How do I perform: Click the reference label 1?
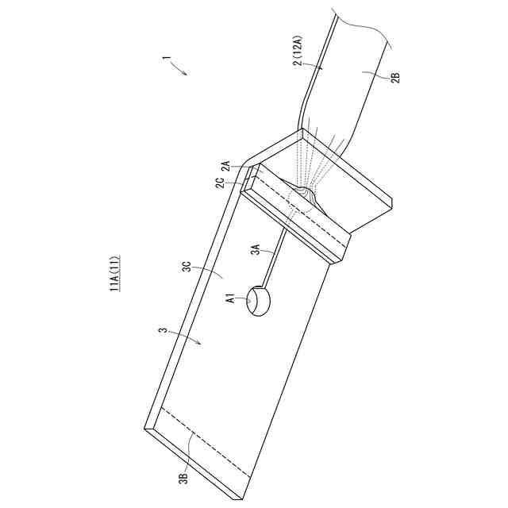[x=165, y=60]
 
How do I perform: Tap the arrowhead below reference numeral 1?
[x=186, y=74]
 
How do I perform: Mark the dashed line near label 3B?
[x=206, y=444]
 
